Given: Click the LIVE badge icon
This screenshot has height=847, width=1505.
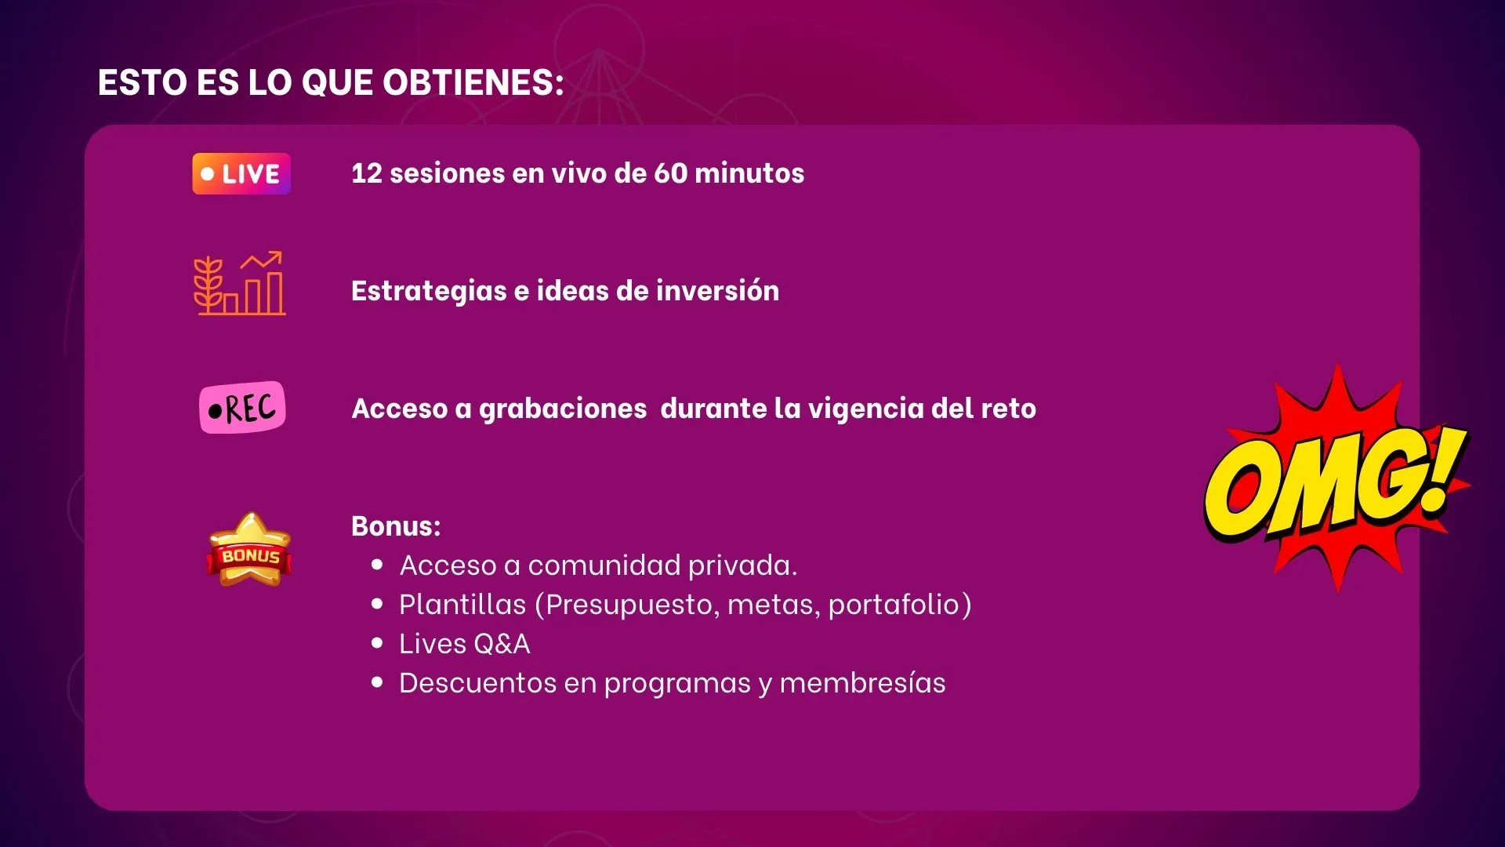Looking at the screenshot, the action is pyautogui.click(x=241, y=173).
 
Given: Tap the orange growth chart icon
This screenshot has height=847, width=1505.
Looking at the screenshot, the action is pyautogui.click(x=240, y=283).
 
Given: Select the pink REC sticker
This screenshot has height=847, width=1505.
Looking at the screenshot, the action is pyautogui.click(x=242, y=408).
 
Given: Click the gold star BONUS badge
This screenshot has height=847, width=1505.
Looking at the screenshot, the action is pyautogui.click(x=249, y=550).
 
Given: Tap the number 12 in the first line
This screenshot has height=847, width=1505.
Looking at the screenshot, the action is pyautogui.click(x=366, y=173).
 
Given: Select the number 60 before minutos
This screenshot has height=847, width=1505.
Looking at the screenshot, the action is pyautogui.click(x=670, y=173).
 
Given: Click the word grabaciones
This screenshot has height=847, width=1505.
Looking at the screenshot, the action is pyautogui.click(x=563, y=409).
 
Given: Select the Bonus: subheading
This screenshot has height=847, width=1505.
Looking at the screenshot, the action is pyautogui.click(x=396, y=526).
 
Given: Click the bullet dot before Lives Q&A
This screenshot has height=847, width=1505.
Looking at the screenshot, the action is pyautogui.click(x=378, y=643).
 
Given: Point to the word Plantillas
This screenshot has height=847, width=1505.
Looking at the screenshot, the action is pyautogui.click(x=462, y=605).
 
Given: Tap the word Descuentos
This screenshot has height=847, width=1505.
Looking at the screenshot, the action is pyautogui.click(x=477, y=683).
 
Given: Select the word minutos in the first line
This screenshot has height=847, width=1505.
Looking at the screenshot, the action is pyautogui.click(x=749, y=173).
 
